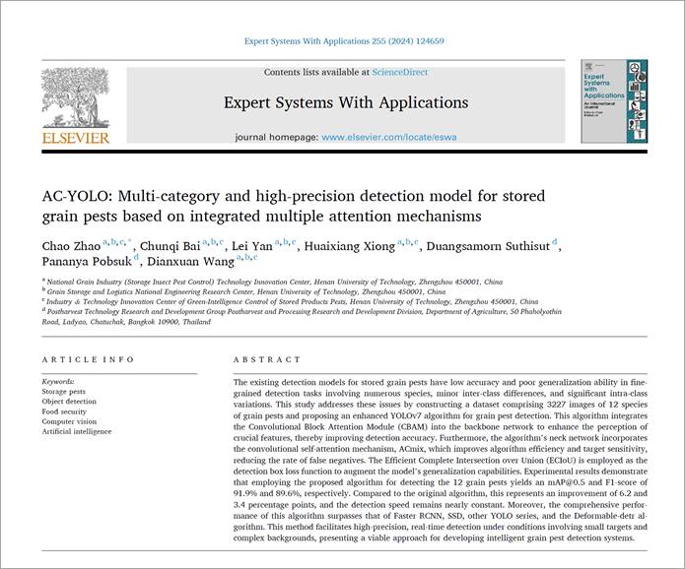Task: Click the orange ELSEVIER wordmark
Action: click(76, 138)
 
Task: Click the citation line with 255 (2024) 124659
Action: click(343, 42)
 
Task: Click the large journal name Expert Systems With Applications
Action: click(346, 102)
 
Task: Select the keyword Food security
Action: click(66, 411)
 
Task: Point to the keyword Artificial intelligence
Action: click(77, 431)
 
